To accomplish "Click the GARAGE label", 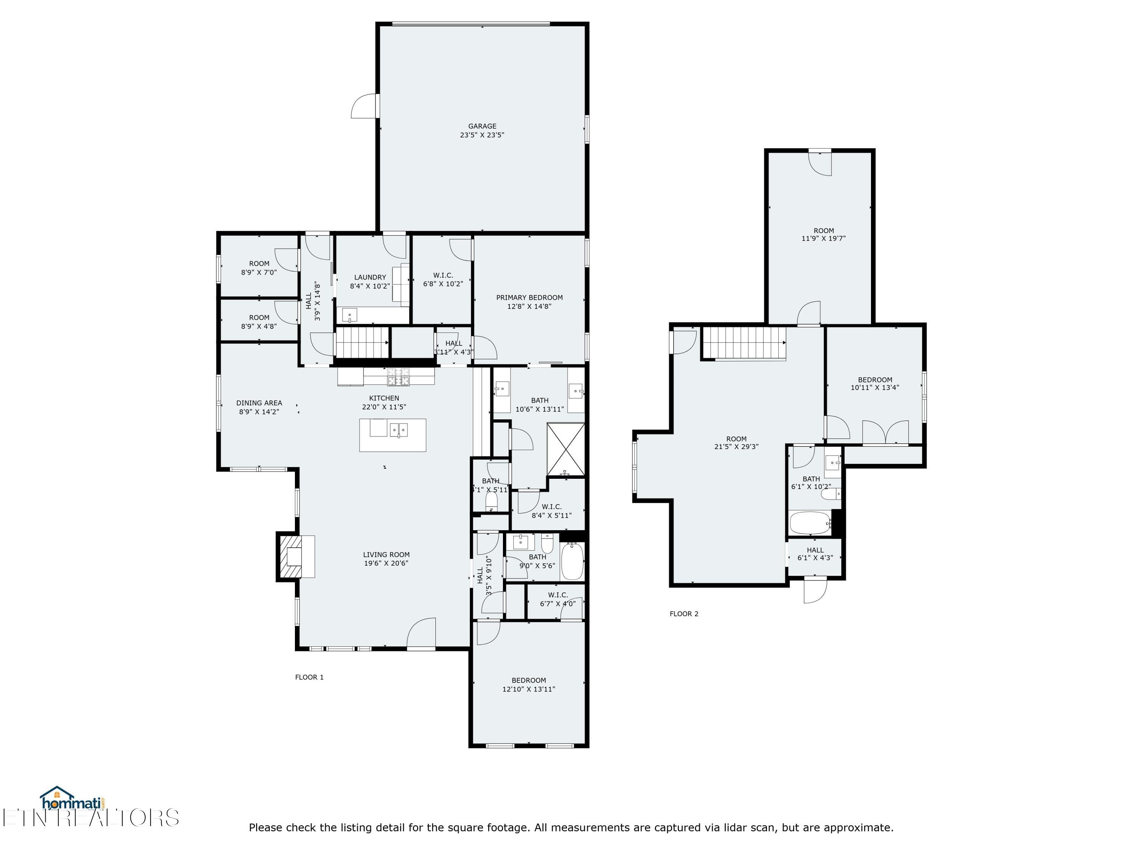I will click(482, 126).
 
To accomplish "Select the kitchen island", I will click(393, 435).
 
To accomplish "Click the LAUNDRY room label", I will click(370, 277).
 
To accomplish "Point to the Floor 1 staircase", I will click(362, 342).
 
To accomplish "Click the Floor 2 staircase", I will click(744, 343).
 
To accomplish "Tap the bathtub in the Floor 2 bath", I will click(810, 523).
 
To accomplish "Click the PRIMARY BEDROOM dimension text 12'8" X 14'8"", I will click(529, 306).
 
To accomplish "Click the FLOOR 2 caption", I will click(684, 614).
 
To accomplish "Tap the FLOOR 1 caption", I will click(309, 677).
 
